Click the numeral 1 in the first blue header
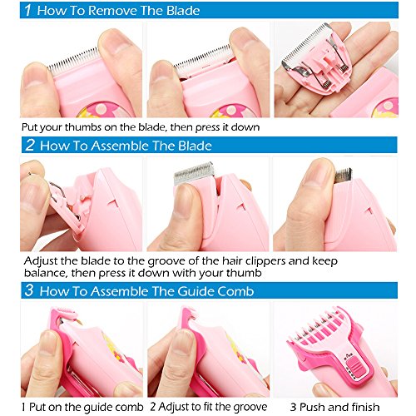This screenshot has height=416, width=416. [27, 10]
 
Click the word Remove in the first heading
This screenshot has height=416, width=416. [113, 11]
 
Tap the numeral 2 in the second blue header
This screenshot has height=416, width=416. [30, 145]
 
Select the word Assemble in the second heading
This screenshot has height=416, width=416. [121, 146]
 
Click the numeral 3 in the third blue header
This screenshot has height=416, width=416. [29, 290]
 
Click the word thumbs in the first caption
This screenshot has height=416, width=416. [83, 127]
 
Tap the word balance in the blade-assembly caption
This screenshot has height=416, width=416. [46, 273]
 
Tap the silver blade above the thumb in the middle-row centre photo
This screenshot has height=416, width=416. [194, 173]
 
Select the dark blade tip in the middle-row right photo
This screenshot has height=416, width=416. [343, 176]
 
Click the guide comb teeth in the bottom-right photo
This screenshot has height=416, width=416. [318, 327]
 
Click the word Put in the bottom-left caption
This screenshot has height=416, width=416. [35, 407]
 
